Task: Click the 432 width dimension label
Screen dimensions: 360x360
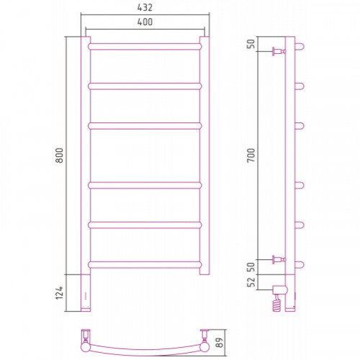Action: (145, 7)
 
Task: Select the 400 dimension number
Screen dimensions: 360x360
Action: (145, 22)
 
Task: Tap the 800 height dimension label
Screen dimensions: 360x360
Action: (59, 156)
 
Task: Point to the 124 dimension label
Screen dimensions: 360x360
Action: (59, 292)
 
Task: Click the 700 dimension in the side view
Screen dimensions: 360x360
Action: (251, 156)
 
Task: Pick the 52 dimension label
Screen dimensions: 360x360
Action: (251, 282)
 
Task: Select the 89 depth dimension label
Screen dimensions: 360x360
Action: (220, 343)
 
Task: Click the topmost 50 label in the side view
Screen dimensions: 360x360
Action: (251, 44)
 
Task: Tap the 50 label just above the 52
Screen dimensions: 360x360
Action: (251, 267)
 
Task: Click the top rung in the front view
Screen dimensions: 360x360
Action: (145, 47)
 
